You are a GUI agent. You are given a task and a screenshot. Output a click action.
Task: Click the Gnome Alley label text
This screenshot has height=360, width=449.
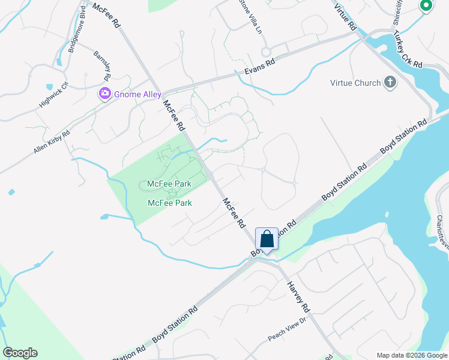click(x=135, y=94)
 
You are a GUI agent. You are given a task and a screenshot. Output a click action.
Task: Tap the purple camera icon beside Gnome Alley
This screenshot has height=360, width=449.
click(x=105, y=94)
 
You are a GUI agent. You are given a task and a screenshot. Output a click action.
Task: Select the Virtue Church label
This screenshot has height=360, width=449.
click(x=355, y=83)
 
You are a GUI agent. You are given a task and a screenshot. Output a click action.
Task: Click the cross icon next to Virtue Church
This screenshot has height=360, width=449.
click(x=390, y=82)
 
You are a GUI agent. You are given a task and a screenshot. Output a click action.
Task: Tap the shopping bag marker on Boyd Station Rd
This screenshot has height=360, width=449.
click(x=267, y=239)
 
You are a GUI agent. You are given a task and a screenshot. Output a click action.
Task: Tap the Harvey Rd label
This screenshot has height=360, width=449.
click(x=298, y=296)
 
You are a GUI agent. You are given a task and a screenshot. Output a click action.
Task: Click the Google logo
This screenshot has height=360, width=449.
click(x=20, y=353)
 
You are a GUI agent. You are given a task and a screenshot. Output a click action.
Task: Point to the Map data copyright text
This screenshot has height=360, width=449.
click(x=412, y=355)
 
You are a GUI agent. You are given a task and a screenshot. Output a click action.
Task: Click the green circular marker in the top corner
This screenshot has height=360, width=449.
click(x=426, y=6)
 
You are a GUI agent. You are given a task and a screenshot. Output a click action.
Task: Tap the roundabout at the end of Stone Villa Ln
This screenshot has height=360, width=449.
click(x=267, y=52)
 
